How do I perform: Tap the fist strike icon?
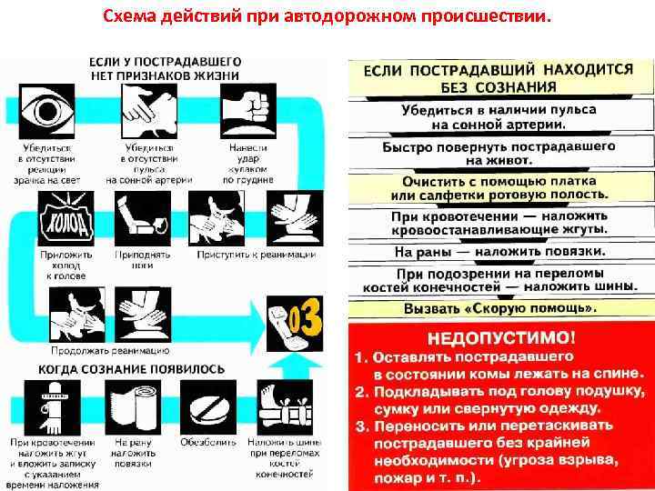pos(247,110)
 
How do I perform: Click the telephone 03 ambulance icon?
pos(296,322)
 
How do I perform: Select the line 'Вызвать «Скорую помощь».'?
pos(499,307)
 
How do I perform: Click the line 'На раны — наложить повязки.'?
pos(499,250)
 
